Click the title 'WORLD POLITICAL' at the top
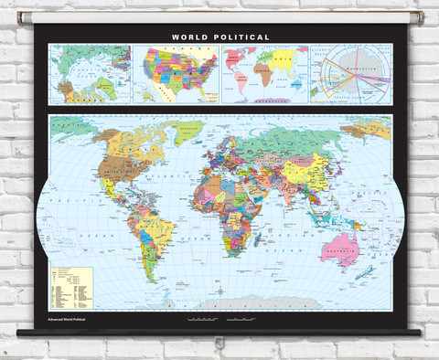(x=220, y=37)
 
